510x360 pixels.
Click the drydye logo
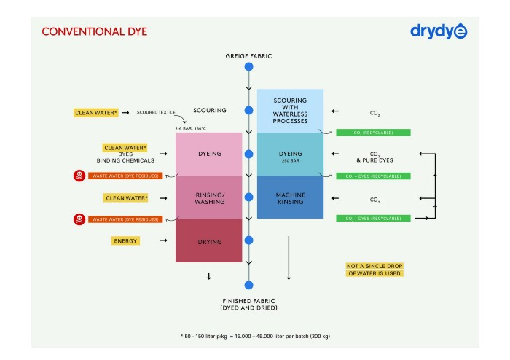pos(439,31)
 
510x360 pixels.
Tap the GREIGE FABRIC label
pos(248,55)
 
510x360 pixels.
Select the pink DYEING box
pos(208,154)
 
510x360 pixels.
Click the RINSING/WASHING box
pos(208,197)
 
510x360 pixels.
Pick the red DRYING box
pos(208,240)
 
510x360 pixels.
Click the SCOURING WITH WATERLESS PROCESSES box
pos(290,111)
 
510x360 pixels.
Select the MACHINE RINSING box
pos(290,197)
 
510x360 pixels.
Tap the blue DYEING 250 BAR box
pos(290,154)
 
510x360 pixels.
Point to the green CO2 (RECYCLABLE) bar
pos(372,133)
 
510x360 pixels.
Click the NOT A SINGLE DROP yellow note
pos(374,269)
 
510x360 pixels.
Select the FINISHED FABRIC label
pos(248,305)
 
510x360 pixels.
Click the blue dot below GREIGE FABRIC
pos(248,67)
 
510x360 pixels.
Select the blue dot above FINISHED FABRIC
pos(248,285)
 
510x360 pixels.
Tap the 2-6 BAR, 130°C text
pos(193,128)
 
